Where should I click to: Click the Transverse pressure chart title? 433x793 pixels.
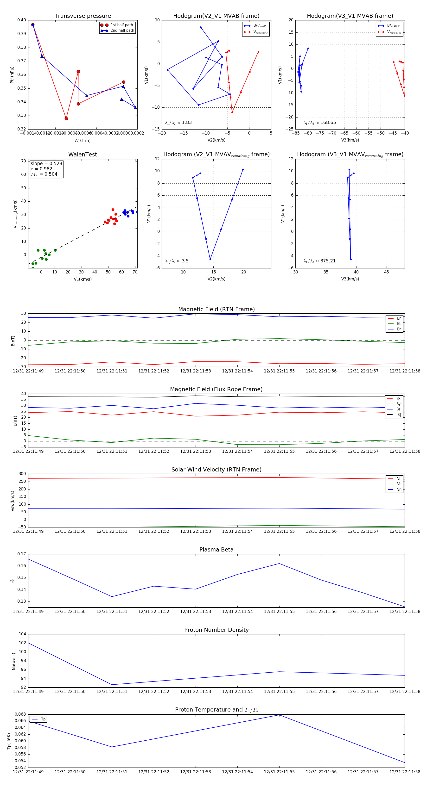pos(83,16)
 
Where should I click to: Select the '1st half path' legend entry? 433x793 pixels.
pos(121,25)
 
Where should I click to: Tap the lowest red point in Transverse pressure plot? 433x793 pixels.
pos(66,118)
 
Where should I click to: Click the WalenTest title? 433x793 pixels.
pos(83,155)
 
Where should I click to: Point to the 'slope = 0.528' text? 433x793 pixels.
pos(46,163)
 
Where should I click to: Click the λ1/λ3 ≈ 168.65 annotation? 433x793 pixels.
pos(320,123)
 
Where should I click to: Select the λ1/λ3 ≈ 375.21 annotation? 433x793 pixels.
pos(320,261)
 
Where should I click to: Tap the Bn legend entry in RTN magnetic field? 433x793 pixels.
pos(399,329)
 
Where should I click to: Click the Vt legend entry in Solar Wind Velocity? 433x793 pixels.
pos(399,484)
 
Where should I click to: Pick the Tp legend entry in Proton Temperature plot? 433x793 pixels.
pos(43,719)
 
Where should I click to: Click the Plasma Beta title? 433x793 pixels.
pos(216,550)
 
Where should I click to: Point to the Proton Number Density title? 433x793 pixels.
pos(216,630)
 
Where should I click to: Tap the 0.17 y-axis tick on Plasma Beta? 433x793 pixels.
pos(22,554)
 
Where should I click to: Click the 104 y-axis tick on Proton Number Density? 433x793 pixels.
pos(23,634)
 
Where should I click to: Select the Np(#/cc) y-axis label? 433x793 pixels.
pos(13,661)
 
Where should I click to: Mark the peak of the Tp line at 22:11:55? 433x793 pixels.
pos(279,715)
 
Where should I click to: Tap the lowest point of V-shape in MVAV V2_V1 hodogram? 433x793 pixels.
pos(210,260)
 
